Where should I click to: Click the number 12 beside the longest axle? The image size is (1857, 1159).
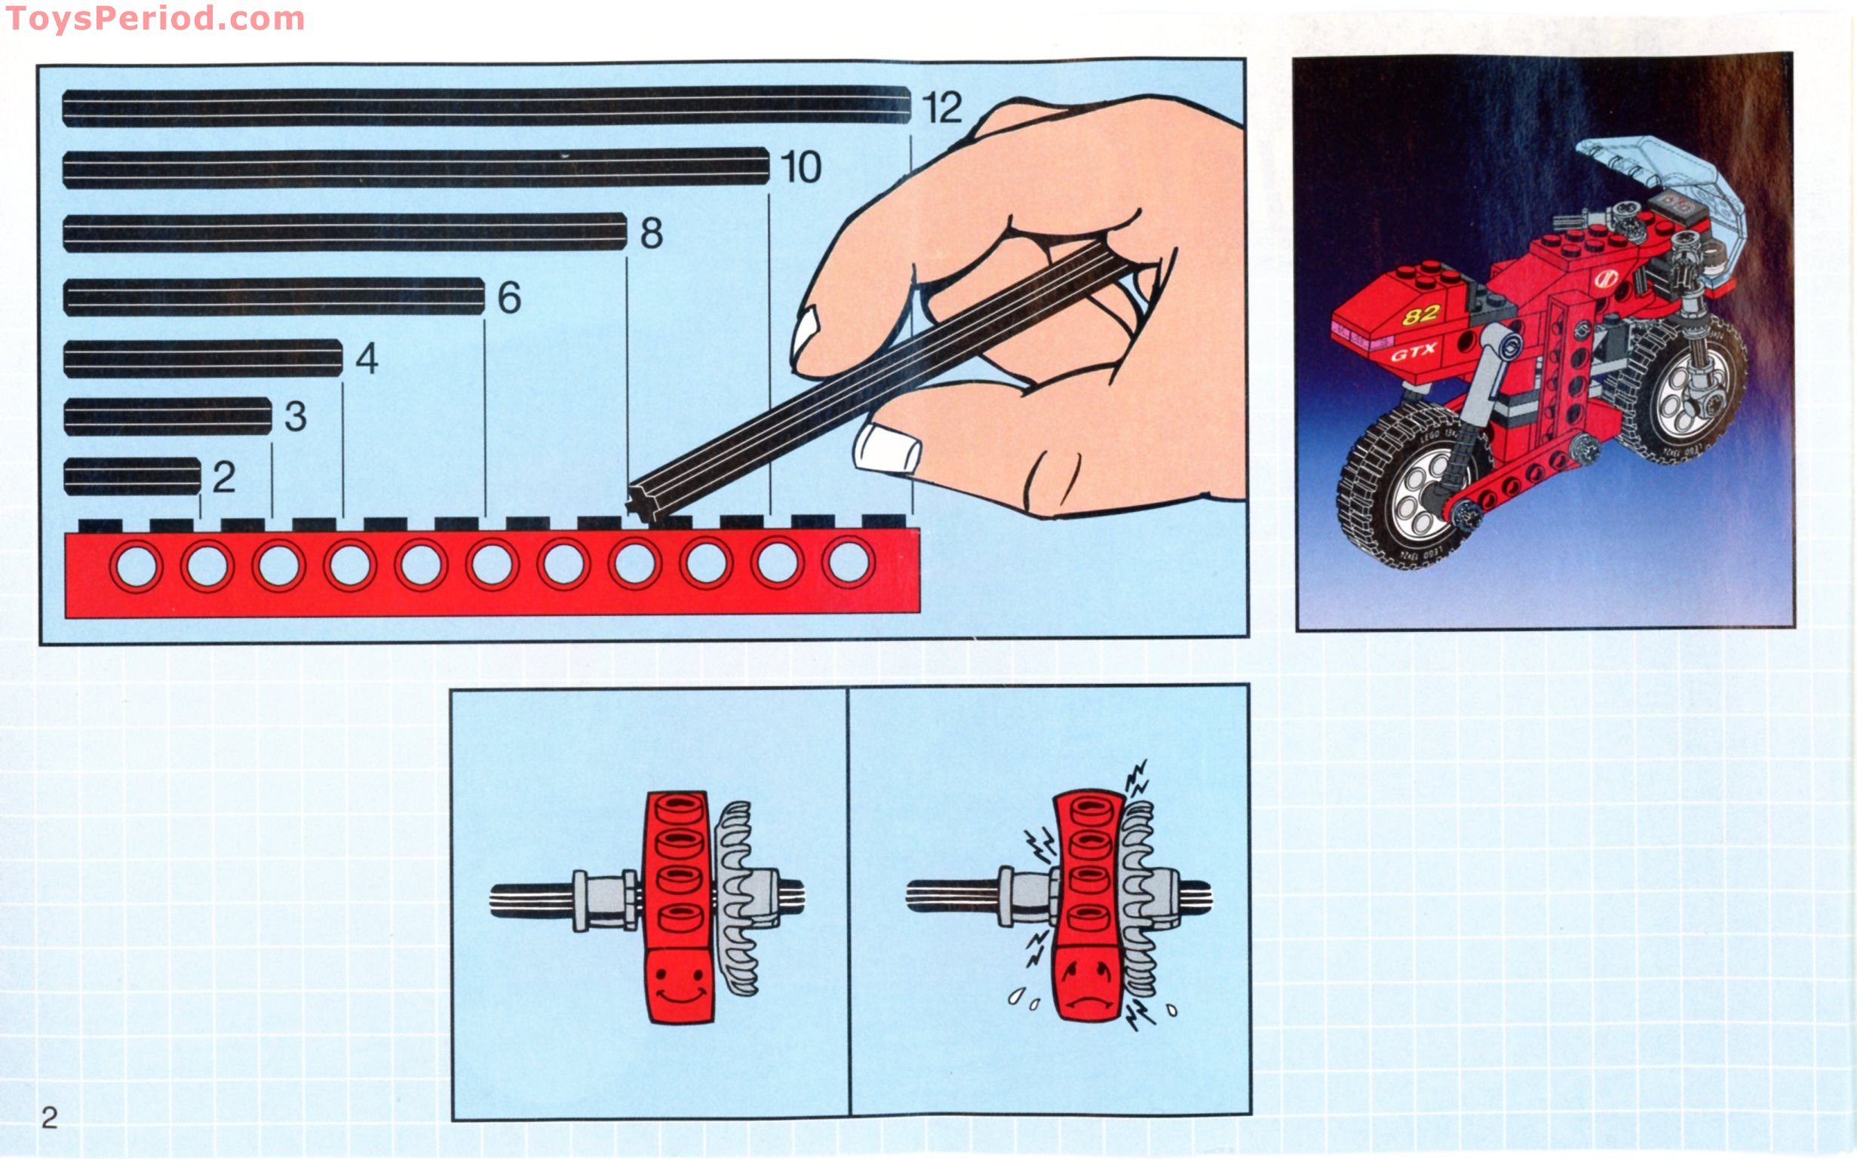[x=941, y=107]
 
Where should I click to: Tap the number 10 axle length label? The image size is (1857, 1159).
[x=800, y=167]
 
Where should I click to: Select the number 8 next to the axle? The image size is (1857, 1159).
[x=651, y=233]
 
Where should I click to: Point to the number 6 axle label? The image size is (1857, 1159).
[x=509, y=297]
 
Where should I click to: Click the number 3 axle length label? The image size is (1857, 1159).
[x=295, y=416]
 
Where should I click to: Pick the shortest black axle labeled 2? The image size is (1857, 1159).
[x=132, y=476]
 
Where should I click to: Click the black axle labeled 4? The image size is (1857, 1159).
[x=203, y=359]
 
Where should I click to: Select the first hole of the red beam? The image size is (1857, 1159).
[x=137, y=566]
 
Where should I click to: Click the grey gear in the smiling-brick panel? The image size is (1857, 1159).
[x=736, y=897]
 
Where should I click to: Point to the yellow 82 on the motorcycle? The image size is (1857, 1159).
[x=1423, y=314]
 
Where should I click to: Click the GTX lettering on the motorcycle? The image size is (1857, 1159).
[x=1413, y=354]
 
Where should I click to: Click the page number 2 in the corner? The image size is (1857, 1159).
[x=49, y=1118]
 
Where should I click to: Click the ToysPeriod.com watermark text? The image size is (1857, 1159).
[x=155, y=18]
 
